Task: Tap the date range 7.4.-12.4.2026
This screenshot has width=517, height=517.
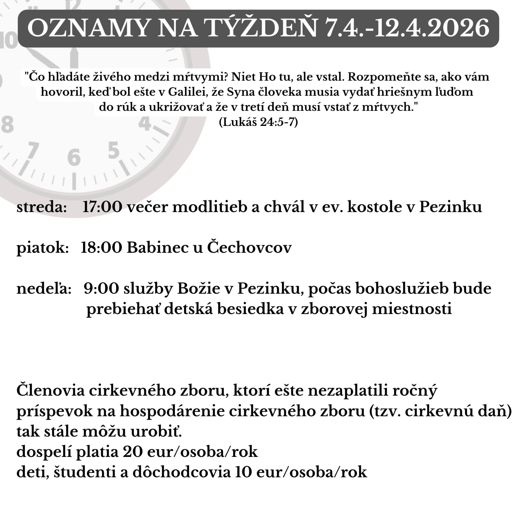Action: point(407,28)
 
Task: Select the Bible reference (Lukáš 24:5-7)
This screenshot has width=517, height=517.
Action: point(258,122)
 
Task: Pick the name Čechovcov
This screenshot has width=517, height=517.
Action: point(249,248)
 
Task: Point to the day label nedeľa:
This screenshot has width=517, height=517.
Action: point(44,289)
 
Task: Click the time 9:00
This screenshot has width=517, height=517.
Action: point(101,289)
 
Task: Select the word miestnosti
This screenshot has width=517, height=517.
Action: point(412,309)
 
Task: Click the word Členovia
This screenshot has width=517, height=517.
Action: point(50,391)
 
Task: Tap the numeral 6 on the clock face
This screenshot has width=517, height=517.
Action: point(74,157)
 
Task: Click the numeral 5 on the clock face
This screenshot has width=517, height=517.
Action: point(114,150)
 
